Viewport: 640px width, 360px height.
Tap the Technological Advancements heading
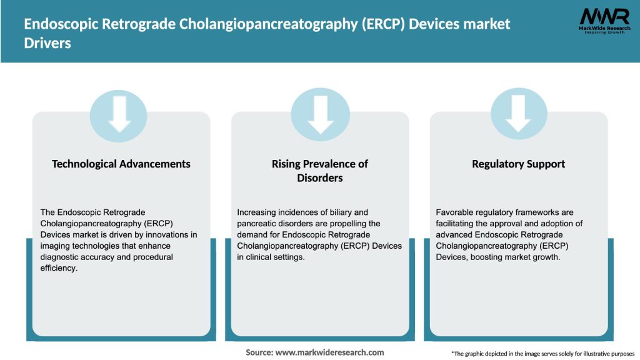pyautogui.click(x=121, y=164)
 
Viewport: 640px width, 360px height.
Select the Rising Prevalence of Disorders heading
pyautogui.click(x=320, y=171)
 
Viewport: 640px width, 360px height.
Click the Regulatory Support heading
pyautogui.click(x=518, y=164)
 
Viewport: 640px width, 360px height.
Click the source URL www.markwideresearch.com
pyautogui.click(x=330, y=352)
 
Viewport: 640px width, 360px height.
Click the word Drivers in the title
pyautogui.click(x=47, y=44)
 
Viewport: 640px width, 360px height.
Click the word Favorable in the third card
pyautogui.click(x=455, y=212)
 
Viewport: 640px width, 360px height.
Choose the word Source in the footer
pyautogui.click(x=258, y=352)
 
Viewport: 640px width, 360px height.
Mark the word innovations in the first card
pyautogui.click(x=163, y=235)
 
